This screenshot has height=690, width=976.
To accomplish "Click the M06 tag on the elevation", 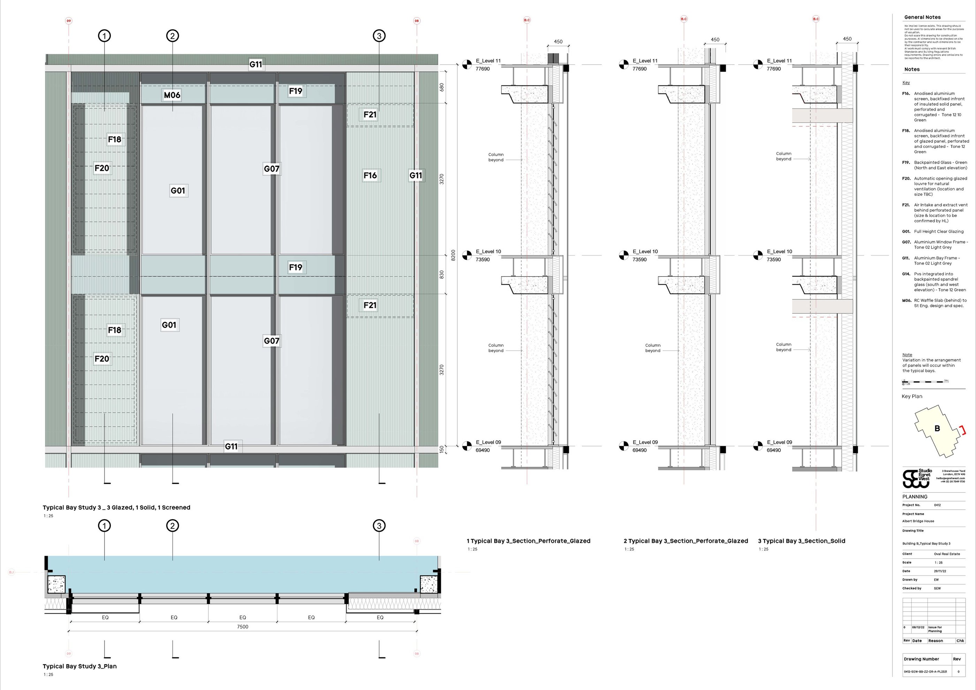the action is [x=172, y=95].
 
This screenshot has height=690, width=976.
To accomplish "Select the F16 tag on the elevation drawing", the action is [x=370, y=175].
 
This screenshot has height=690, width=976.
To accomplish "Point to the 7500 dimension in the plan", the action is [x=242, y=627].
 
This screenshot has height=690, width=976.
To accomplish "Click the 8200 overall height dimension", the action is [x=453, y=255].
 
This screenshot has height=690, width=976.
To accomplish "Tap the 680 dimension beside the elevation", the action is [x=442, y=87].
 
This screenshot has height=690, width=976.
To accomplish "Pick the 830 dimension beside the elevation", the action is [x=442, y=275].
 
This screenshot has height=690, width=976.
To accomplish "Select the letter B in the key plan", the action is [x=937, y=428].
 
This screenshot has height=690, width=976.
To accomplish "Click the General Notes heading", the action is [x=922, y=17].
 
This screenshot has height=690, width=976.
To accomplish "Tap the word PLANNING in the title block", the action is [x=915, y=497].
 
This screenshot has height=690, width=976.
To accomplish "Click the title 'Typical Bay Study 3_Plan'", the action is [x=79, y=666].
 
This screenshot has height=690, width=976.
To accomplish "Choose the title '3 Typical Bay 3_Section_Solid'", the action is [x=801, y=541].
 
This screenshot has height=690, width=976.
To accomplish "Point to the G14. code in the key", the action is [x=906, y=274].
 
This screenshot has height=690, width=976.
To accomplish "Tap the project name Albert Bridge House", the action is [x=918, y=521].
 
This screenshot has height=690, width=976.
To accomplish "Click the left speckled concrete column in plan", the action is [x=56, y=585].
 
